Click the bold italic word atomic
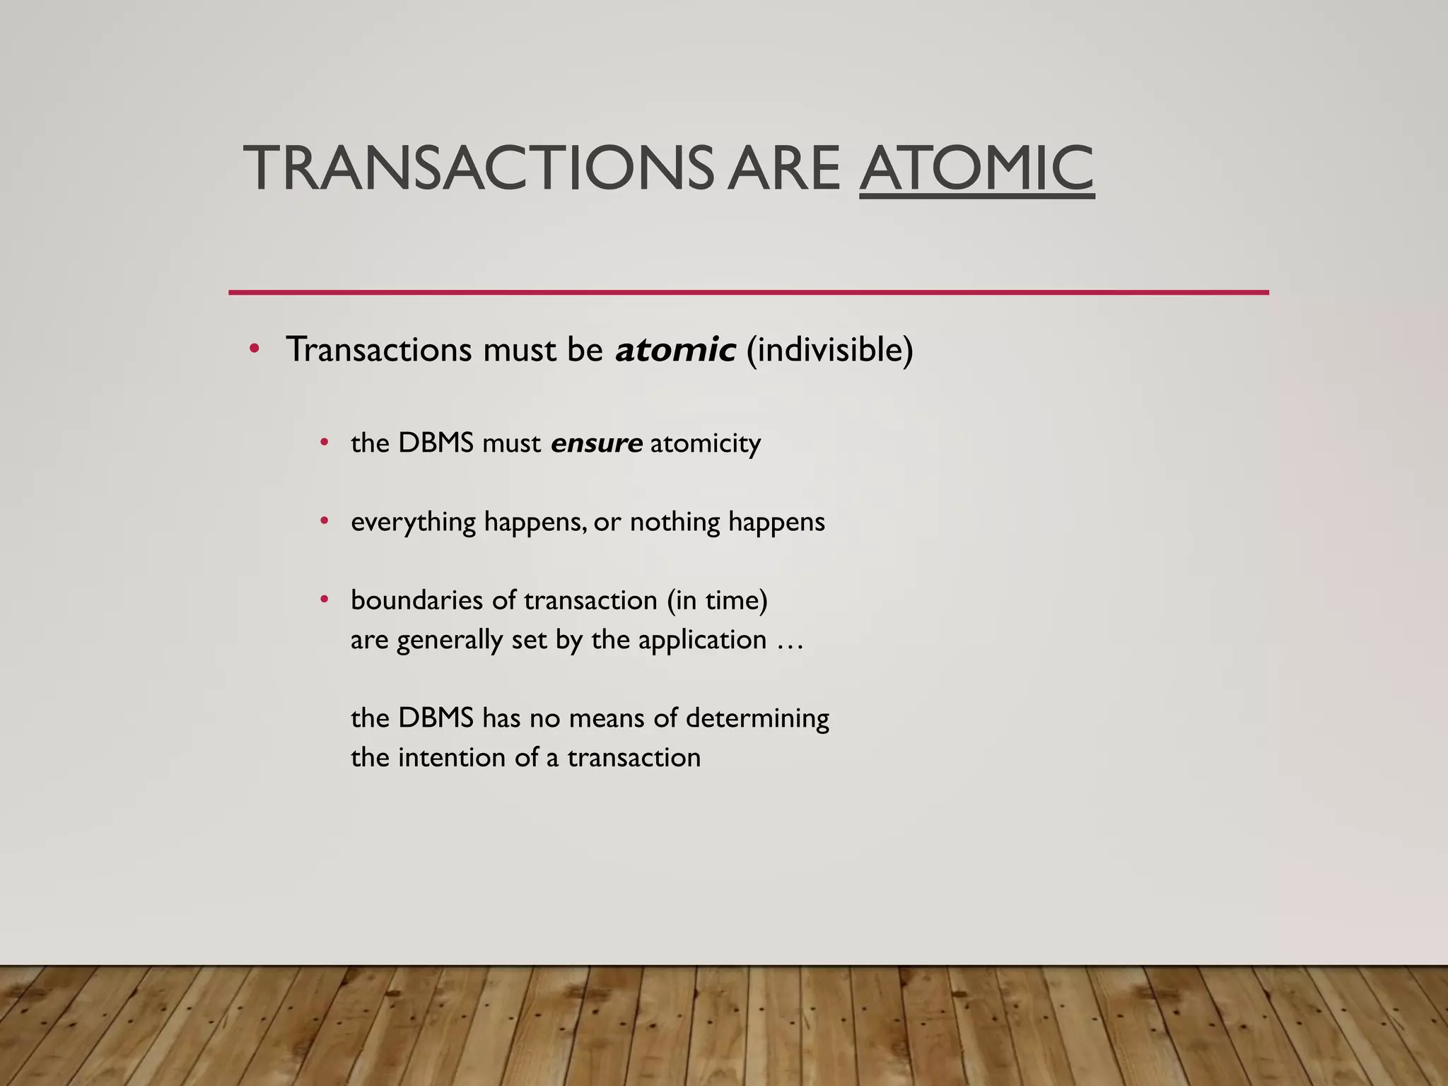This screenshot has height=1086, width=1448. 675,349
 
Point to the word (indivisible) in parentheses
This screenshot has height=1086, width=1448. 829,349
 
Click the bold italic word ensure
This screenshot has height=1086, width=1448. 596,443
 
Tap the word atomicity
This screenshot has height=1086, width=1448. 705,443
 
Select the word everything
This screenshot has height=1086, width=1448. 413,522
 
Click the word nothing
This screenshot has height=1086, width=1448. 675,522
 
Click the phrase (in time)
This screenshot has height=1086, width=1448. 716,600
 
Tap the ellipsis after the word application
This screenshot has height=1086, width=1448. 790,641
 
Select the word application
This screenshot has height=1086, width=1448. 702,641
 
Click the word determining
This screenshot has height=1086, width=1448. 757,718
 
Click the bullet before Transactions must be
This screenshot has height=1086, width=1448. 254,349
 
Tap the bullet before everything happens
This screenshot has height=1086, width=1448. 324,521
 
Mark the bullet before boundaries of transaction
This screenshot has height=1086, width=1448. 324,600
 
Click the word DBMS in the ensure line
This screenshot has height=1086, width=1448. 436,443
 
